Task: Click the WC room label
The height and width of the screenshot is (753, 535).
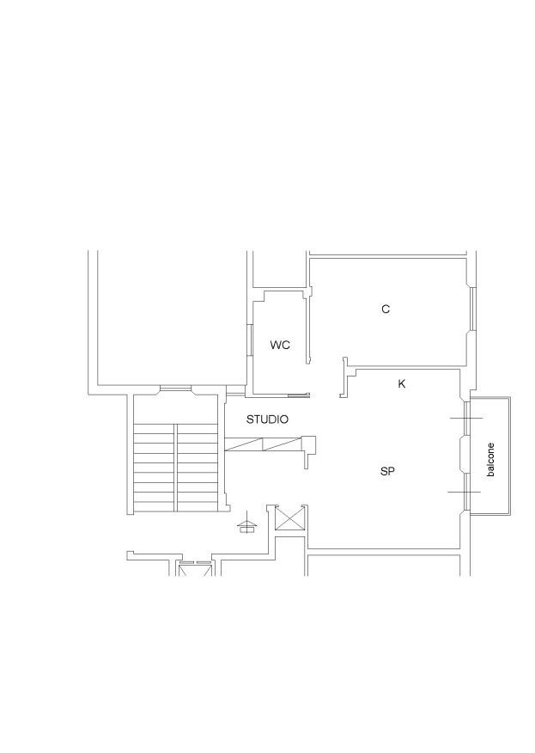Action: pos(280,345)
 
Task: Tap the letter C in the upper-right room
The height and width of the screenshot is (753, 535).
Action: pos(386,309)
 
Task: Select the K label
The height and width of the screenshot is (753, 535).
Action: pos(402,383)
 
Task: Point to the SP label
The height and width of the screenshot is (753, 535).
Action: pos(387,472)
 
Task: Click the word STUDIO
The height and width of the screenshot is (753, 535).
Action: pos(267,419)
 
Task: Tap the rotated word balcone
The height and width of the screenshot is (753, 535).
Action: pos(489,460)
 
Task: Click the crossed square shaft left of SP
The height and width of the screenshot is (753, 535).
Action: pos(289,519)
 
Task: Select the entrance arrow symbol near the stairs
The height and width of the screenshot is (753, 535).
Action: pos(247,526)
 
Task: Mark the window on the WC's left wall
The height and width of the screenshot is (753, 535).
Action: pos(250,340)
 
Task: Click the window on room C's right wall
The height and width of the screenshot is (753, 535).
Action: pos(473,309)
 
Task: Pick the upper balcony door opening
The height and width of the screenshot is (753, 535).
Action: pos(466,419)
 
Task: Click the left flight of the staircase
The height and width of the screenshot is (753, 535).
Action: pos(154,468)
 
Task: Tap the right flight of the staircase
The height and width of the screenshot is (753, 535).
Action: pos(198,468)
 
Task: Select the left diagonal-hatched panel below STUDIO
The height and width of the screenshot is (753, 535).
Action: pos(244,444)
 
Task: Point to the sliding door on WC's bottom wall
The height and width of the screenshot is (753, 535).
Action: pos(299,395)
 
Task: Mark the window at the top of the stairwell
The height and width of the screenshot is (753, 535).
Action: pos(175,388)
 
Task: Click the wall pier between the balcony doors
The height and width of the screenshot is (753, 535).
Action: pos(464,455)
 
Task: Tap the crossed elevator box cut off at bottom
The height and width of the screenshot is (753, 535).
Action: pos(194,569)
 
